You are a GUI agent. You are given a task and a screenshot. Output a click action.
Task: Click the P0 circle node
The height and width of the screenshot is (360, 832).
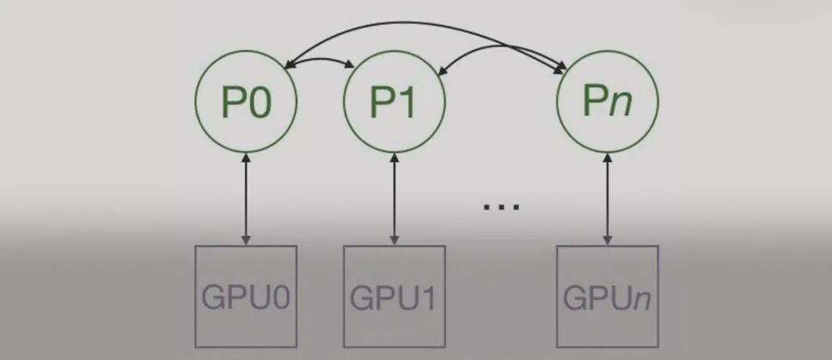pyautogui.click(x=246, y=102)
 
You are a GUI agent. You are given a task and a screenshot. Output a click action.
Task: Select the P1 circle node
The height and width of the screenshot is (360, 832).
pyautogui.click(x=394, y=102)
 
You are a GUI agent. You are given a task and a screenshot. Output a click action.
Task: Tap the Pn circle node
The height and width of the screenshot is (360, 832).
pyautogui.click(x=607, y=102)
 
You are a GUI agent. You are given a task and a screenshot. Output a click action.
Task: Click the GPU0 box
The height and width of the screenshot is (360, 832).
pyautogui.click(x=246, y=297)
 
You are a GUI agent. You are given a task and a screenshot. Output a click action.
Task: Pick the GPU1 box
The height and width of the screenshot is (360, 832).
pyautogui.click(x=394, y=297)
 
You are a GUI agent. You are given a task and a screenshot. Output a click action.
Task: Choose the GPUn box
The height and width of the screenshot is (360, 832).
pyautogui.click(x=607, y=297)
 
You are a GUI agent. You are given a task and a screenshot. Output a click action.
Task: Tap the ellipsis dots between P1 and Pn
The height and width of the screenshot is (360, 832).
pyautogui.click(x=501, y=207)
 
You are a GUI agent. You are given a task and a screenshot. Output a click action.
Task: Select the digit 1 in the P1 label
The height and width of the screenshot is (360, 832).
pyautogui.click(x=408, y=103)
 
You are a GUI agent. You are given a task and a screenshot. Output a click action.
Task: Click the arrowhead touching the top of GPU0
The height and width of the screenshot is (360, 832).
pyautogui.click(x=246, y=239)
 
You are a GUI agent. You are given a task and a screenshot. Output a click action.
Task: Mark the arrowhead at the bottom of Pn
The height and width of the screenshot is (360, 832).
pyautogui.click(x=607, y=159)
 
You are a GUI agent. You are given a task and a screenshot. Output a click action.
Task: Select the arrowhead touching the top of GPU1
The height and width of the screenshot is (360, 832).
pyautogui.click(x=394, y=239)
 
